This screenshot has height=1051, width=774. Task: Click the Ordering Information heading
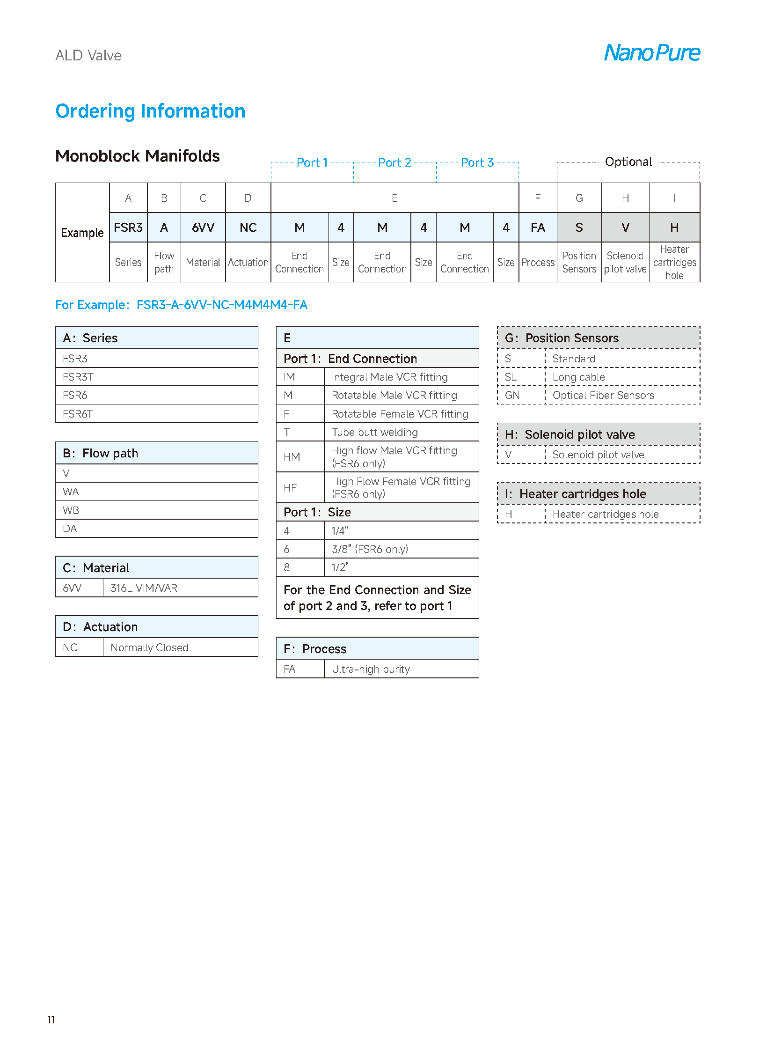coord(150,111)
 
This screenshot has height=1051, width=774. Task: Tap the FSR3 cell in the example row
coord(128,228)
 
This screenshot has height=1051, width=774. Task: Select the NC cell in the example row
coord(248,228)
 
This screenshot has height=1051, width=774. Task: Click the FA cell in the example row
coord(537,228)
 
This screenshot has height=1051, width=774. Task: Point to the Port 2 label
coord(394,162)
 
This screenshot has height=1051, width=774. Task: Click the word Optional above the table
coord(628,162)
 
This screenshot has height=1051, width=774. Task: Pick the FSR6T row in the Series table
coord(78,414)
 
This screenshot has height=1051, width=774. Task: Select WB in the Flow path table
coord(71,510)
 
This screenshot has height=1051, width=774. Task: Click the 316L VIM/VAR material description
coord(144,588)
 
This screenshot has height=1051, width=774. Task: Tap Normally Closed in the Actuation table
coord(149,647)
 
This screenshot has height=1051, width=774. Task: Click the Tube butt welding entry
coord(374,432)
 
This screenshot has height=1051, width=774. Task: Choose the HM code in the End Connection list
coord(292,456)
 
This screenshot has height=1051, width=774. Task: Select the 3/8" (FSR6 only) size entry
coord(370,549)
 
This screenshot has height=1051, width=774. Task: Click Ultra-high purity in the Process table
coord(371,669)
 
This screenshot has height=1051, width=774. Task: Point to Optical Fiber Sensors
coord(603,395)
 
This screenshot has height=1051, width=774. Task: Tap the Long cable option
coord(578,377)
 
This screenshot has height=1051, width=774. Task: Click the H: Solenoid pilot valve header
coord(579,434)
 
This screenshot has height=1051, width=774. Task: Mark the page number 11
coord(51,1019)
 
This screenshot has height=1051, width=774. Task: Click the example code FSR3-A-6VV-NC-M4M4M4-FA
coord(222,305)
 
